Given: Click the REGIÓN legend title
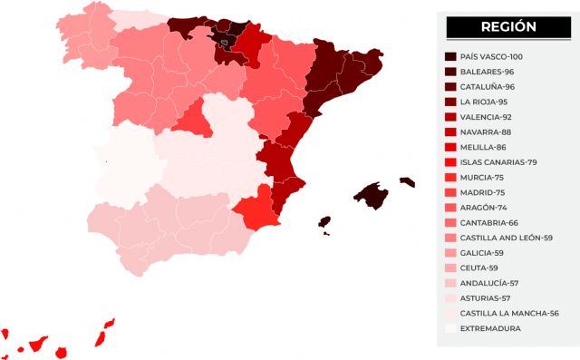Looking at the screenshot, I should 507,27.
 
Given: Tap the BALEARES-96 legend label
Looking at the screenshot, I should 488,72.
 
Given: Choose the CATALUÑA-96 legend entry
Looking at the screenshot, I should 488,86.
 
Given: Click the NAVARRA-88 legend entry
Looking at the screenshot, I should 487,131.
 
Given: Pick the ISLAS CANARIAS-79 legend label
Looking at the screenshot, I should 498,161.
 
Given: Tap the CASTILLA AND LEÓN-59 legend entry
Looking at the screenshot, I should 507,237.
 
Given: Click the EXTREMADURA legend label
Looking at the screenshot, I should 490,328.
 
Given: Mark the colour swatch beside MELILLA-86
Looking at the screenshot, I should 450,147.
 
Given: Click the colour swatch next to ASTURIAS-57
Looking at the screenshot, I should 450,297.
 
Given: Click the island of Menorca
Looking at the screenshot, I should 407,181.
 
